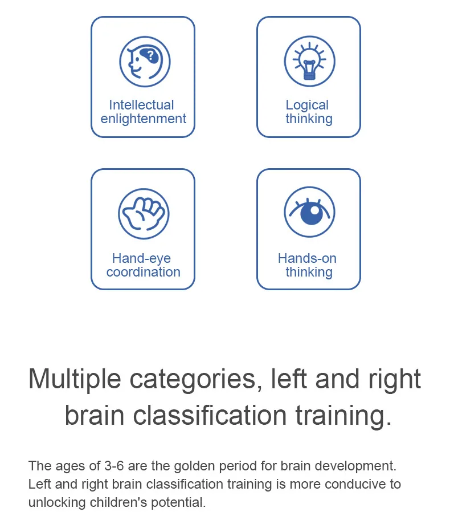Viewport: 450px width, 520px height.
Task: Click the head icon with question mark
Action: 145,62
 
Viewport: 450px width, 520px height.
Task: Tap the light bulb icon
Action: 309,62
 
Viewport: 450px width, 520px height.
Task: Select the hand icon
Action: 144,214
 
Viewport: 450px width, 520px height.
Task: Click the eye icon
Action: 309,212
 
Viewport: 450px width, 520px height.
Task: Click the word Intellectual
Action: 141,105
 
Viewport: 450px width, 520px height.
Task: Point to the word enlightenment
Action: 144,119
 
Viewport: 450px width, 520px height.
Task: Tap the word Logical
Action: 307,105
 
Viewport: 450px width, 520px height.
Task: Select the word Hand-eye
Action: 141,259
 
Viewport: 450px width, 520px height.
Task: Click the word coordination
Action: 144,272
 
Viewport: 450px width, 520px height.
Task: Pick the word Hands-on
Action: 307,258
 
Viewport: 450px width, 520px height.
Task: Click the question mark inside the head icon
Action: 151,55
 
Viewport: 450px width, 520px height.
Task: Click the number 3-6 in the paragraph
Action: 114,466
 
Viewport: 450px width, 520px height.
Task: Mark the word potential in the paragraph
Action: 178,503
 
